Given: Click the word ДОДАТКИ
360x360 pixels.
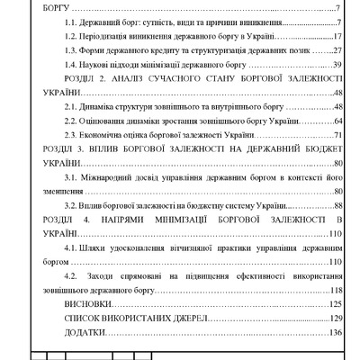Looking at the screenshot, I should pos(85,332).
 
